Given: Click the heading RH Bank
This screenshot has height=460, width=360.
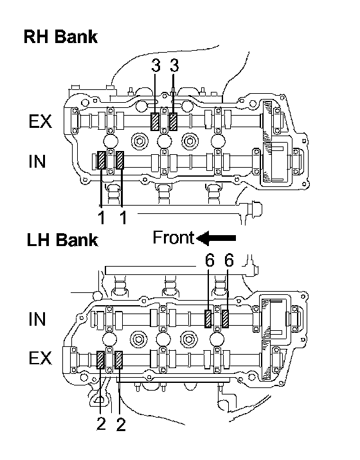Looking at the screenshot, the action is pyautogui.click(x=60, y=37).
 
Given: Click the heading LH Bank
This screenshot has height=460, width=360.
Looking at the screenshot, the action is pyautogui.click(x=62, y=240).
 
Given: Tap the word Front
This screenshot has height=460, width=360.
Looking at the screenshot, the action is pyautogui.click(x=173, y=237).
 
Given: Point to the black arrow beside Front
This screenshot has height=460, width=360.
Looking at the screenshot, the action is pyautogui.click(x=216, y=238).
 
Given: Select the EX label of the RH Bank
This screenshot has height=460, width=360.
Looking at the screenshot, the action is pyautogui.click(x=40, y=121).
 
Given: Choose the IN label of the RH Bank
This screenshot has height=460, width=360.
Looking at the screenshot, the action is pyautogui.click(x=37, y=161).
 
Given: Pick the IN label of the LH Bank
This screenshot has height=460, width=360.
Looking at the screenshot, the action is pyautogui.click(x=37, y=319).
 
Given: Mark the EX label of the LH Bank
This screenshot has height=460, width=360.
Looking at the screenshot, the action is pyautogui.click(x=40, y=358).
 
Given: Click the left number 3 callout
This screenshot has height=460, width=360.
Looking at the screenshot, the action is pyautogui.click(x=156, y=66).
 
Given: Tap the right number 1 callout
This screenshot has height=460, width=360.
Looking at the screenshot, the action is pyautogui.click(x=123, y=217).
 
